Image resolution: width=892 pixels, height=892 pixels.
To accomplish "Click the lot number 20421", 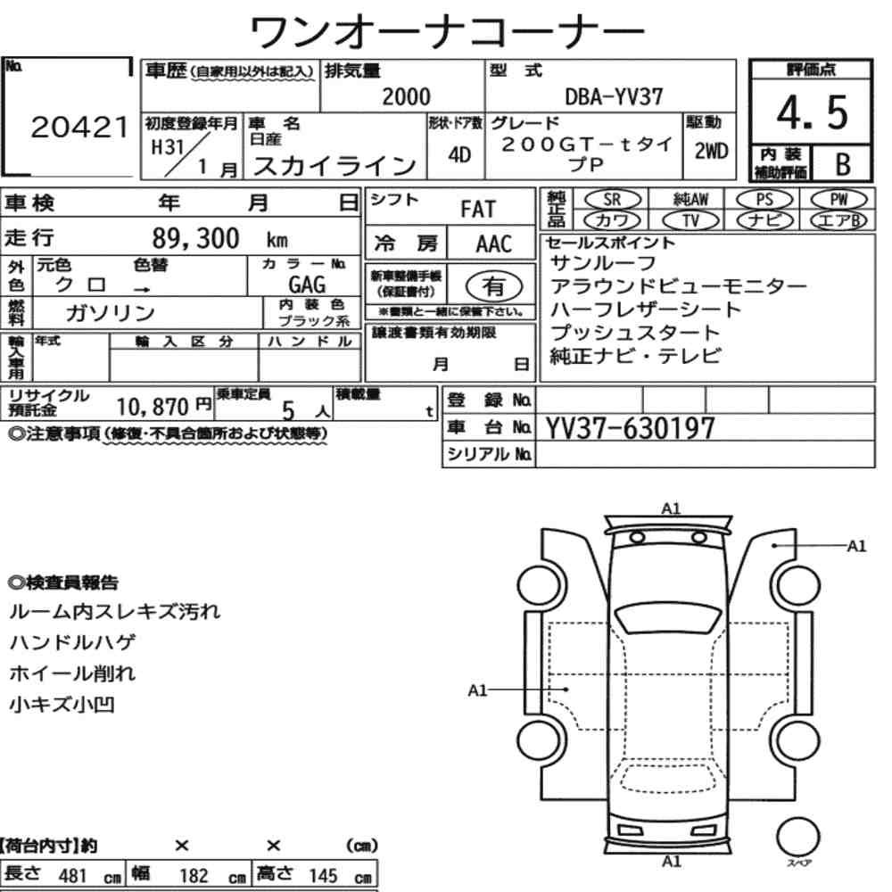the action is click(x=79, y=128).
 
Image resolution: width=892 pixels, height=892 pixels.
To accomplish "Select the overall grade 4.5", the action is click(x=812, y=112).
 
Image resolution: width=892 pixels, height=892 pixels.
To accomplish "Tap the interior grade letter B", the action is click(x=843, y=164).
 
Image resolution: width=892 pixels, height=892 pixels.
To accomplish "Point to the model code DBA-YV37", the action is click(x=614, y=96).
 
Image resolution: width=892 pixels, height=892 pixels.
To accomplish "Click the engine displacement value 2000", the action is click(x=406, y=96).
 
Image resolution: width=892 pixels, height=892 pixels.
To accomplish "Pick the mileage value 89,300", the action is click(x=195, y=238).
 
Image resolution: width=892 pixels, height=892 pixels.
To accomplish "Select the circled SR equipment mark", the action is click(x=612, y=200).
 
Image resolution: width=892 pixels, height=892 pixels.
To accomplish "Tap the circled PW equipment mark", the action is click(x=838, y=199).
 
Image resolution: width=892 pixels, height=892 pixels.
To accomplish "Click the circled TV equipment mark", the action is click(x=690, y=220).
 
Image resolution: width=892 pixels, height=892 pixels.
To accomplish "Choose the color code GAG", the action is click(x=307, y=284).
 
